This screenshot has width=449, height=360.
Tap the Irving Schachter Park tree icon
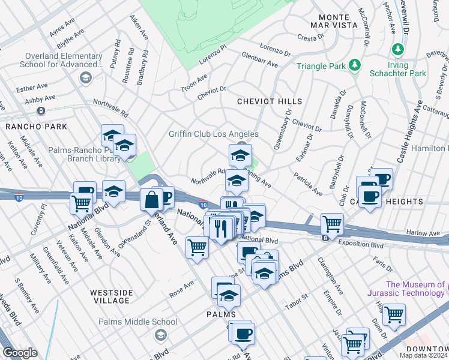point(397,49)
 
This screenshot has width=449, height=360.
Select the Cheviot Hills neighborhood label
point(269,101)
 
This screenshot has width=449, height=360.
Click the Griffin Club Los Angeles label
point(213,134)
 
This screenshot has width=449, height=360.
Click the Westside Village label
point(110,296)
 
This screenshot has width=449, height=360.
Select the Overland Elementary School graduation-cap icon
point(86,78)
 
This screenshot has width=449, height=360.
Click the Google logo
point(20,353)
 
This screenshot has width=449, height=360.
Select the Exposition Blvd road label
point(360,243)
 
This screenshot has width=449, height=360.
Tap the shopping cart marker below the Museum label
point(394,314)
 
